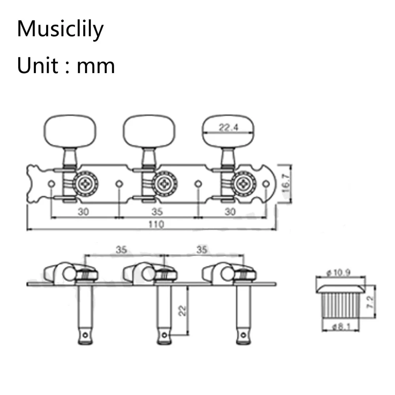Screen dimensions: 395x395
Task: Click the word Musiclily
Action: point(60,29)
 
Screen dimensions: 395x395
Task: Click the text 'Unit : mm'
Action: point(66,65)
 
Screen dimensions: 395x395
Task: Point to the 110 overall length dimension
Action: point(156,224)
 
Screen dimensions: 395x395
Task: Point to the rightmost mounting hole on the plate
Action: point(266,184)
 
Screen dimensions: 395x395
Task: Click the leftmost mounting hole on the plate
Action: point(51,184)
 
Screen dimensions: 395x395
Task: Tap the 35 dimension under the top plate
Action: point(157,211)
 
